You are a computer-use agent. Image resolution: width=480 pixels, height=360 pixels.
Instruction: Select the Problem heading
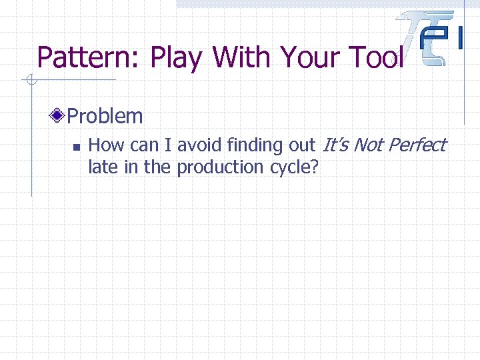coord(105,116)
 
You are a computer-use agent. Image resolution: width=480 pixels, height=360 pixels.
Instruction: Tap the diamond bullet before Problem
coord(59,116)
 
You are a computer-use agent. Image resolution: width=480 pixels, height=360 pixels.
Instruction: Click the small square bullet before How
coord(76,146)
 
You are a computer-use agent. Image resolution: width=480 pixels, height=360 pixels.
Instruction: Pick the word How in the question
coord(104,145)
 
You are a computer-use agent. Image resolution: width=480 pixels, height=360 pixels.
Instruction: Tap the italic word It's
coord(336,145)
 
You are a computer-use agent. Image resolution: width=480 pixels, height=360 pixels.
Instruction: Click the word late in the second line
coord(102,167)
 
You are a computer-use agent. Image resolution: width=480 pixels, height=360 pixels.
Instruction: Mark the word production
coord(221,167)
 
